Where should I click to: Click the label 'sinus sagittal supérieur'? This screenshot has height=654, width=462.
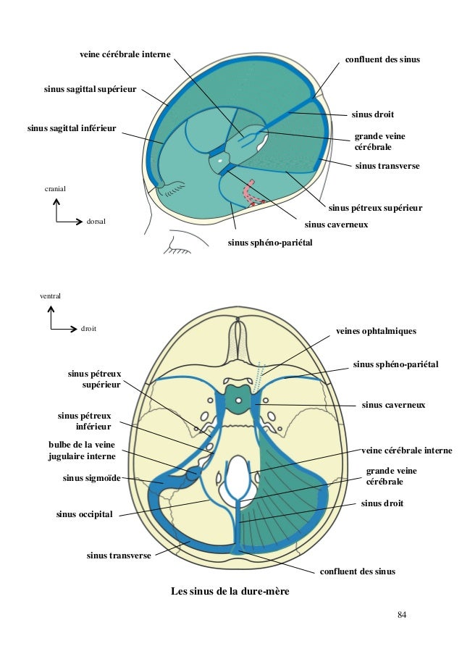pyautogui.click(x=90, y=90)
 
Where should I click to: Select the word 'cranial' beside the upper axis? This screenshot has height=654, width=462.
pyautogui.click(x=55, y=188)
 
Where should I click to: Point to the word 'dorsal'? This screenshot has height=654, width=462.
pyautogui.click(x=96, y=221)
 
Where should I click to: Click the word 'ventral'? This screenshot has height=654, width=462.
pyautogui.click(x=50, y=296)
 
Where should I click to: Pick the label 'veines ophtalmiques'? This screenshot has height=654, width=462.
pyautogui.click(x=376, y=331)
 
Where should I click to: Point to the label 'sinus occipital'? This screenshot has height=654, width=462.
pyautogui.click(x=85, y=514)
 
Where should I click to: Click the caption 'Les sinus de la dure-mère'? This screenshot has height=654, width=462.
pyautogui.click(x=230, y=592)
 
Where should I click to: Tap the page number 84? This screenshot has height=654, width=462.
pyautogui.click(x=403, y=616)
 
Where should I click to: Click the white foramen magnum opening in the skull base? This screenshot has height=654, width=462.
pyautogui.click(x=238, y=482)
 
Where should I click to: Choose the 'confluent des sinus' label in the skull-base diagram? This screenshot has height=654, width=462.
pyautogui.click(x=358, y=571)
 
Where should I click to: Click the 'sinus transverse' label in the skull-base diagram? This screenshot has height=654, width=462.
pyautogui.click(x=119, y=556)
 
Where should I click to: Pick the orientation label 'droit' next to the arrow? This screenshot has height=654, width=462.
pyautogui.click(x=88, y=328)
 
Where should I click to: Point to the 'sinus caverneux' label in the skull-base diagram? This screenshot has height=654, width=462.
pyautogui.click(x=393, y=405)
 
